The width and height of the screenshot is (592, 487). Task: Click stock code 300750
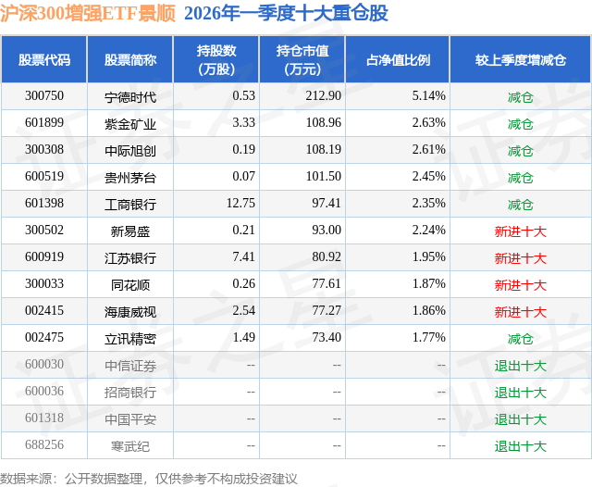point(44,96)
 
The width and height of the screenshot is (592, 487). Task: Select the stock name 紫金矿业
point(130,123)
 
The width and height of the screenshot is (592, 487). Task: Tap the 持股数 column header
point(216,60)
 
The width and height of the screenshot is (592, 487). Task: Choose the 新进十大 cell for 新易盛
point(520,231)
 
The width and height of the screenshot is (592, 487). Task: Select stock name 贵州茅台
point(130,177)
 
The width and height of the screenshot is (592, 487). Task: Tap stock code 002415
point(44,312)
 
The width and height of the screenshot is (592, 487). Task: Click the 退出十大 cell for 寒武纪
point(520,446)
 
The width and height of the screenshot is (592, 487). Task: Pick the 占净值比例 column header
point(398,60)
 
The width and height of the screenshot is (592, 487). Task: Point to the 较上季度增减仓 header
point(520,60)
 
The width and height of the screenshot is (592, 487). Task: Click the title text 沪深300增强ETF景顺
point(88,14)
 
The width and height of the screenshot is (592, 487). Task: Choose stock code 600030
point(44,366)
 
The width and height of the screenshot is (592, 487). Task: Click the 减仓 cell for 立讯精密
point(520,339)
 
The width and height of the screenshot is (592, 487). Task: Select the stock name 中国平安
point(130,419)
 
